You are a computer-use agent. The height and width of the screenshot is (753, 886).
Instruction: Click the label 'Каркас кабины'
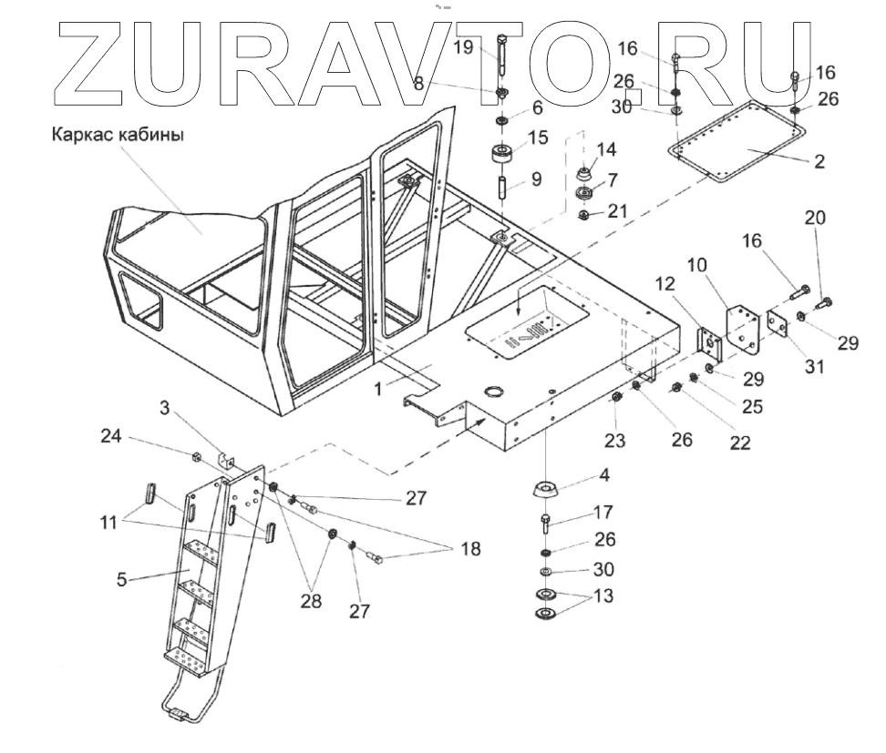[118, 136]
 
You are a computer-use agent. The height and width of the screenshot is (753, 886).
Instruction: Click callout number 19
[464, 47]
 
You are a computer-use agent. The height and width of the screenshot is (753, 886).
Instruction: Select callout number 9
[536, 180]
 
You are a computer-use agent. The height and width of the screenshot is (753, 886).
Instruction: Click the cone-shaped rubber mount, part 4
[544, 489]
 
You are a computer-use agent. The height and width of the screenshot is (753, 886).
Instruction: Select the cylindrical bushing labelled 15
[502, 151]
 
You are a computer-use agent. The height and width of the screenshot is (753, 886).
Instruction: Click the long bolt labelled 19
[502, 56]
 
